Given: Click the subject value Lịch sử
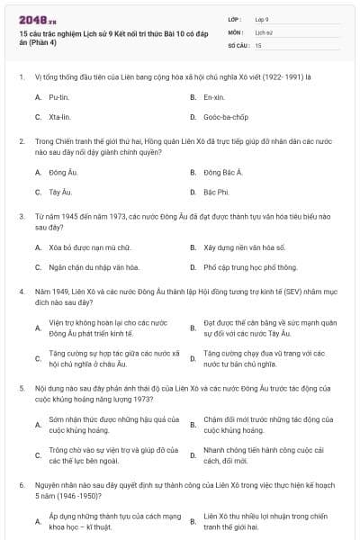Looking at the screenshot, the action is point(262,31).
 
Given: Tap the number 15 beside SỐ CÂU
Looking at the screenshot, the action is point(258,44).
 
